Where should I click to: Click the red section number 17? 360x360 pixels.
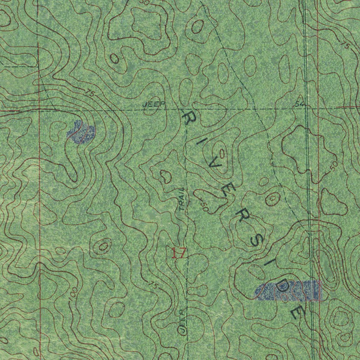(x=178, y=253)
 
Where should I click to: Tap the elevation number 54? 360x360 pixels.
(x=299, y=104)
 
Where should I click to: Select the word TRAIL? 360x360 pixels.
(x=182, y=199)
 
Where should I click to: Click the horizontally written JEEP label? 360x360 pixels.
(x=154, y=104)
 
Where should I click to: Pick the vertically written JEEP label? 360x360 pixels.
(x=182, y=321)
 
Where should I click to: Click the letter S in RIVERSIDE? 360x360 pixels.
(x=257, y=240)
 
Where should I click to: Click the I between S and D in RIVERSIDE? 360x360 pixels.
(x=270, y=264)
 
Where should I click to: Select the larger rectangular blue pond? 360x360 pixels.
(x=288, y=291)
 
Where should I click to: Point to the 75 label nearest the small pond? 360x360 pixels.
(x=90, y=94)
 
